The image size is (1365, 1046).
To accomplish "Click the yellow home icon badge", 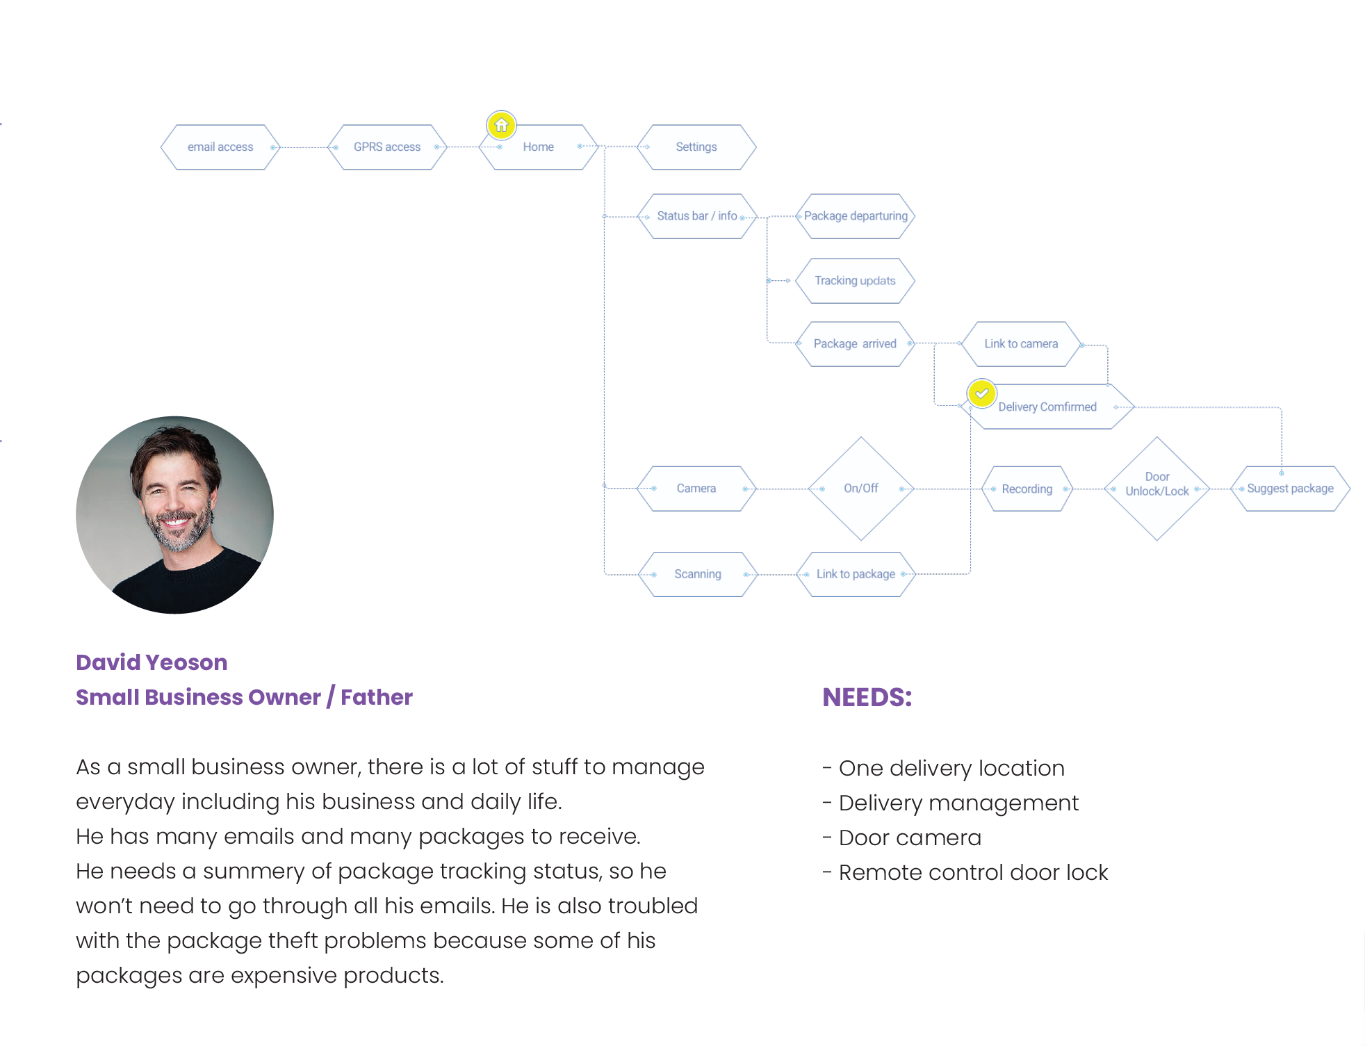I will pyautogui.click(x=501, y=126).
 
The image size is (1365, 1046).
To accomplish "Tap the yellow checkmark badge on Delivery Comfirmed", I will pyautogui.click(x=981, y=393).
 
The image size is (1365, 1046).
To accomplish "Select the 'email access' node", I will pyautogui.click(x=220, y=147).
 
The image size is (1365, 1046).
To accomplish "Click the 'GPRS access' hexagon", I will pyautogui.click(x=387, y=147).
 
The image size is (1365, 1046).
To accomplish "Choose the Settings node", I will pyautogui.click(x=696, y=147).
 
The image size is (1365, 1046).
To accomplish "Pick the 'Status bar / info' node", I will pyautogui.click(x=696, y=216).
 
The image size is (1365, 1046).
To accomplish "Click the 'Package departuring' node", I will pyautogui.click(x=856, y=216).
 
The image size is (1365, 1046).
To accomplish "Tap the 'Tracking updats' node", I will pyautogui.click(x=855, y=281).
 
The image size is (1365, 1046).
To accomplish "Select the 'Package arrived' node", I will pyautogui.click(x=855, y=344).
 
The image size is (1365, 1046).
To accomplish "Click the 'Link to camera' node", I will pyautogui.click(x=1021, y=344).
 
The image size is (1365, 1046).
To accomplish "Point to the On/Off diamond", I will pyautogui.click(x=860, y=489).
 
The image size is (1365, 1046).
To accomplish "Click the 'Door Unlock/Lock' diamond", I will pyautogui.click(x=1157, y=489).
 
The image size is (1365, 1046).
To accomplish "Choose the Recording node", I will pyautogui.click(x=1027, y=489).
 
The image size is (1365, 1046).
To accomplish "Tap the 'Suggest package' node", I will pyautogui.click(x=1290, y=489).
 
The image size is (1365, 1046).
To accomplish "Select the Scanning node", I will pyautogui.click(x=697, y=574).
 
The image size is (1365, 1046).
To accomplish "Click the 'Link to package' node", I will pyautogui.click(x=856, y=574).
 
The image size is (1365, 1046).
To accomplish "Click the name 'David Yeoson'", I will pyautogui.click(x=152, y=662).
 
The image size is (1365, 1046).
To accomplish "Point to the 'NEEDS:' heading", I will pyautogui.click(x=867, y=697).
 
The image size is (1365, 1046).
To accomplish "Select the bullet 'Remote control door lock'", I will pyautogui.click(x=973, y=873).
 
